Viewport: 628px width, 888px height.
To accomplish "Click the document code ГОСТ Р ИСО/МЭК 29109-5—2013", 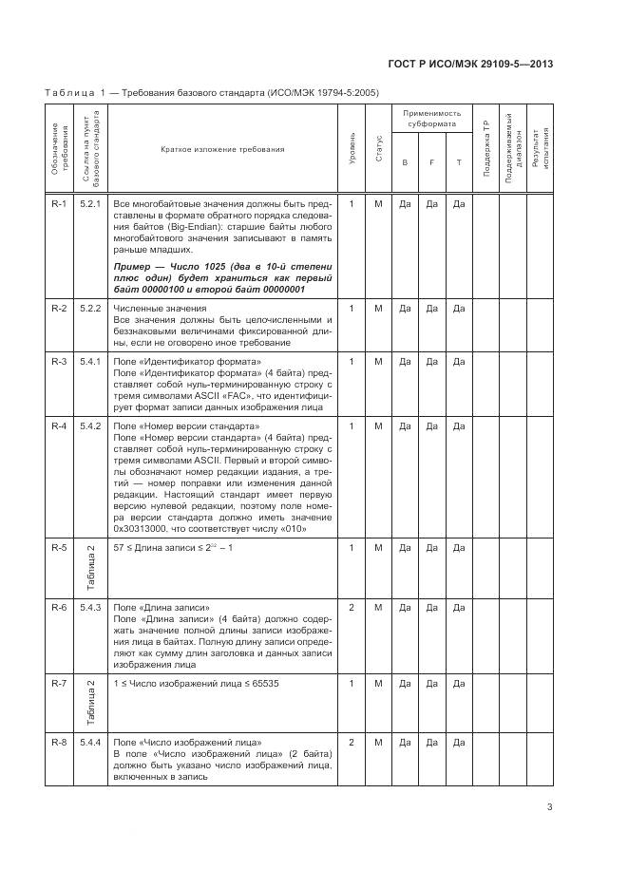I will (x=471, y=65).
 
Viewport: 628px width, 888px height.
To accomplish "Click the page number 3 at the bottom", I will (x=550, y=808).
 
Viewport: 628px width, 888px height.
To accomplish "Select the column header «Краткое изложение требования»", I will (x=222, y=149).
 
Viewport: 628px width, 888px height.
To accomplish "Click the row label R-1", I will (x=59, y=203).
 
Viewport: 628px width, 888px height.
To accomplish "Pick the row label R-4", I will (x=59, y=425).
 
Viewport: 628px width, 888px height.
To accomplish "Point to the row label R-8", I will (x=59, y=741).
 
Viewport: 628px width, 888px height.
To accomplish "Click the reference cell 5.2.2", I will (x=90, y=308).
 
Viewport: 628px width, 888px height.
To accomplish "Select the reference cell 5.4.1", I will (x=90, y=361).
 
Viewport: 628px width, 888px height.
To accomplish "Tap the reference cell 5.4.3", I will (x=90, y=606).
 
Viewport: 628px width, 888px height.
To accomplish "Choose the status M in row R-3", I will (x=378, y=361).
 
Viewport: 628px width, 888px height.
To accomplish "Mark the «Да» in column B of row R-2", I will (x=405, y=308).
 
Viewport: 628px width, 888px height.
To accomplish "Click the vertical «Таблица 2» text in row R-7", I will (x=90, y=701).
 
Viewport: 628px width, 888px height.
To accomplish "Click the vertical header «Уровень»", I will (x=352, y=150).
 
